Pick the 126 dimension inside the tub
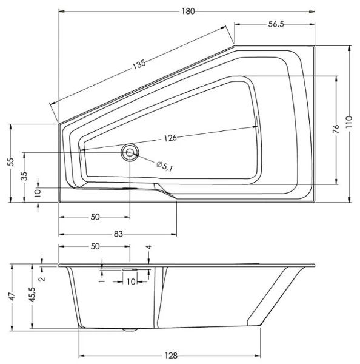tap(170, 138)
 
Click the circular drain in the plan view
tap(130, 152)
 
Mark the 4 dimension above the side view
tap(148, 248)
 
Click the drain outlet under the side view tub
tap(128, 330)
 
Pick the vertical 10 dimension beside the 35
tap(38, 192)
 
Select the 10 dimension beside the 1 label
tap(131, 281)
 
